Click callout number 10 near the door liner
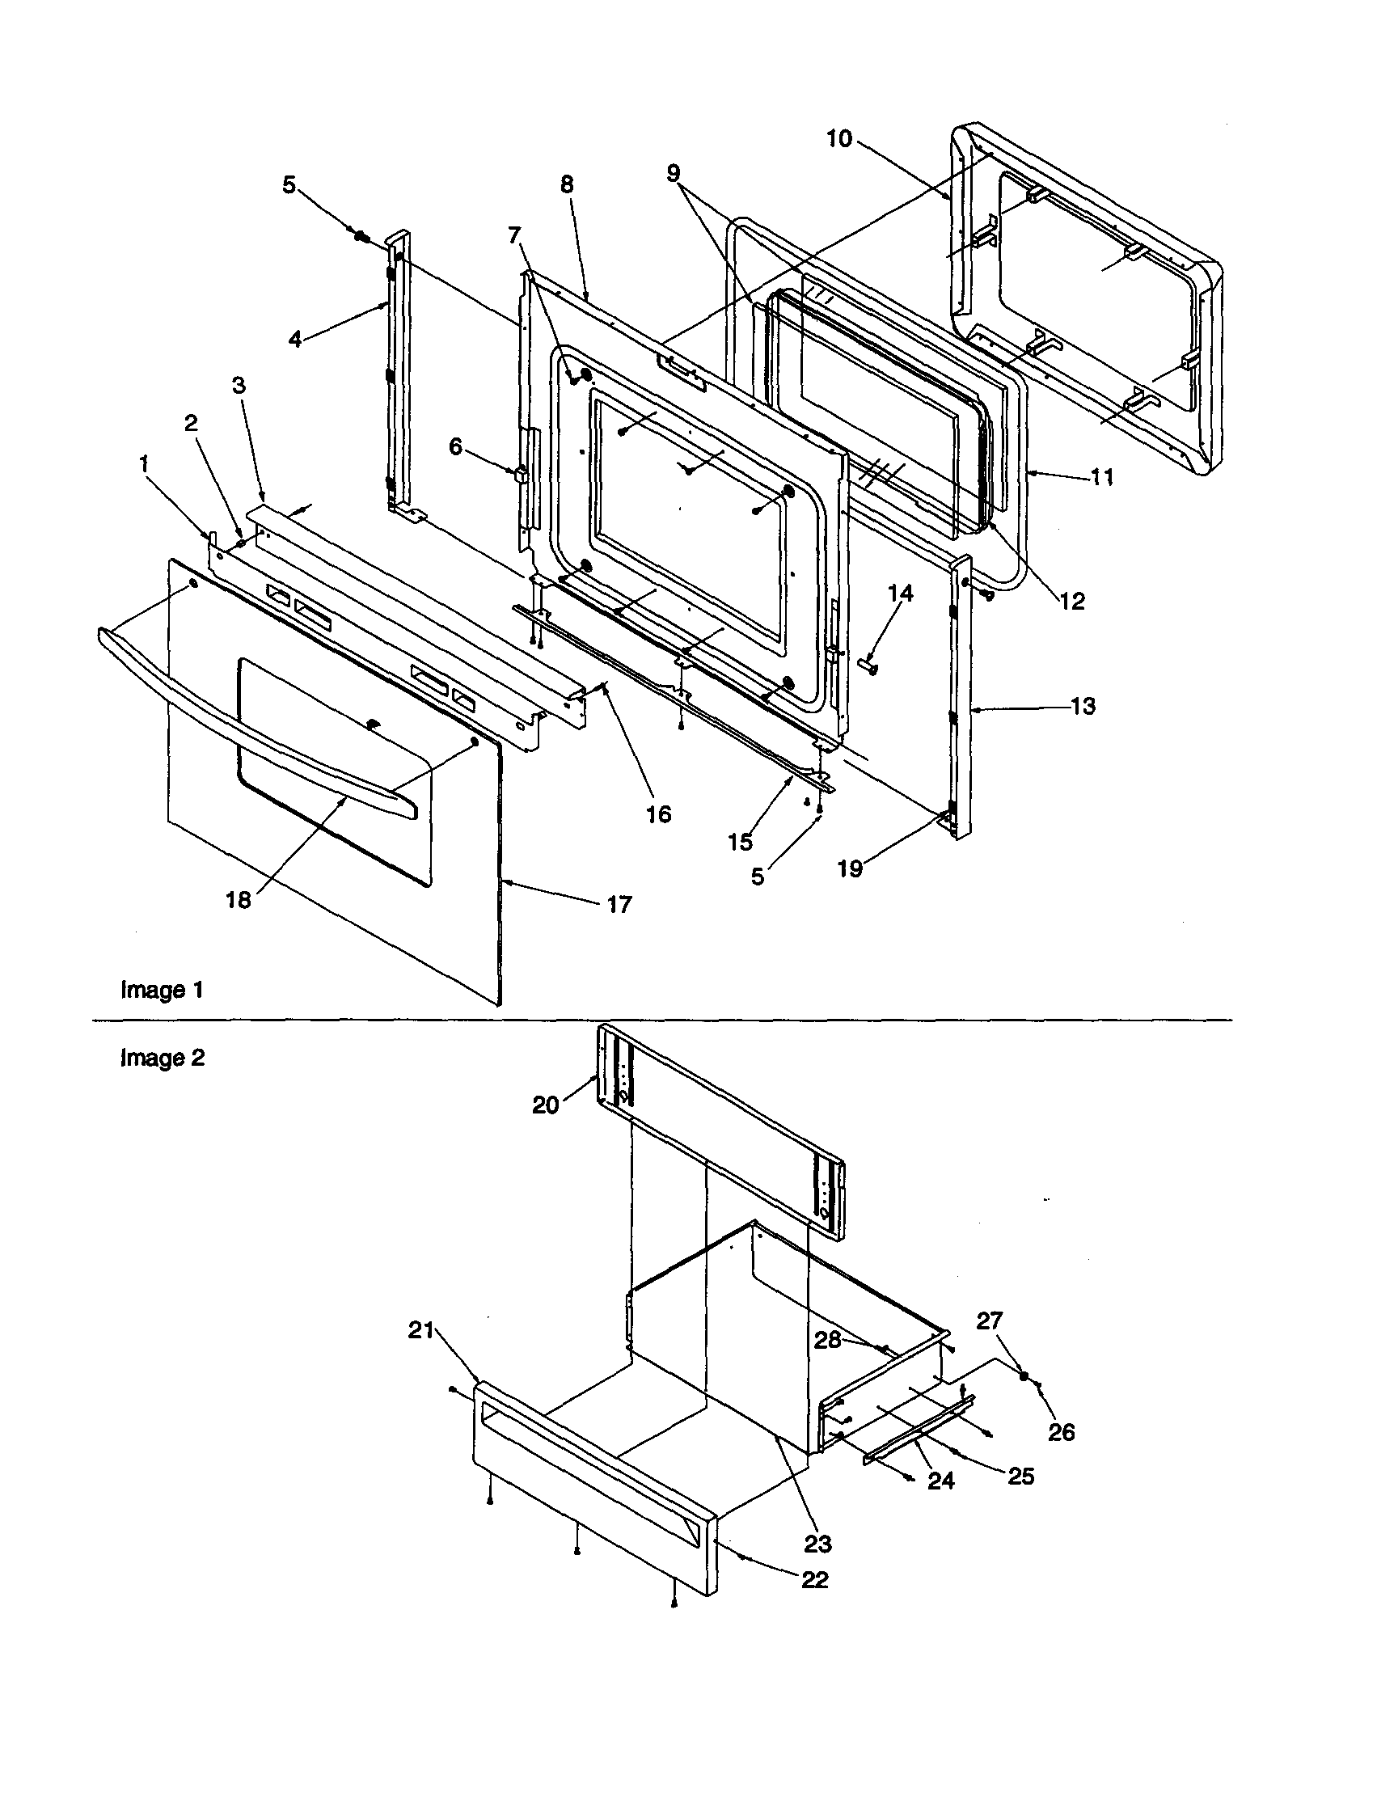tap(838, 138)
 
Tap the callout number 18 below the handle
tap(239, 900)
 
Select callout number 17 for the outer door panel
tap(619, 905)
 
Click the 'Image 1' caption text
tap(162, 990)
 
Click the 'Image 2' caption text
tap(163, 1058)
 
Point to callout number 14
tap(901, 594)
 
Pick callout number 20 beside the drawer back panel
tap(546, 1105)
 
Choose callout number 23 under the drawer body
tap(817, 1544)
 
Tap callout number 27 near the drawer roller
tap(989, 1320)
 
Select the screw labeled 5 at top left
tap(361, 236)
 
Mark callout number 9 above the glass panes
tap(674, 173)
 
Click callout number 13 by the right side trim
tap(1083, 705)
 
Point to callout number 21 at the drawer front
tap(420, 1330)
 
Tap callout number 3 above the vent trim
tap(239, 385)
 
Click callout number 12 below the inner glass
tap(1071, 601)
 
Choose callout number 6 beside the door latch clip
tap(456, 446)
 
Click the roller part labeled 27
tap(1023, 1375)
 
